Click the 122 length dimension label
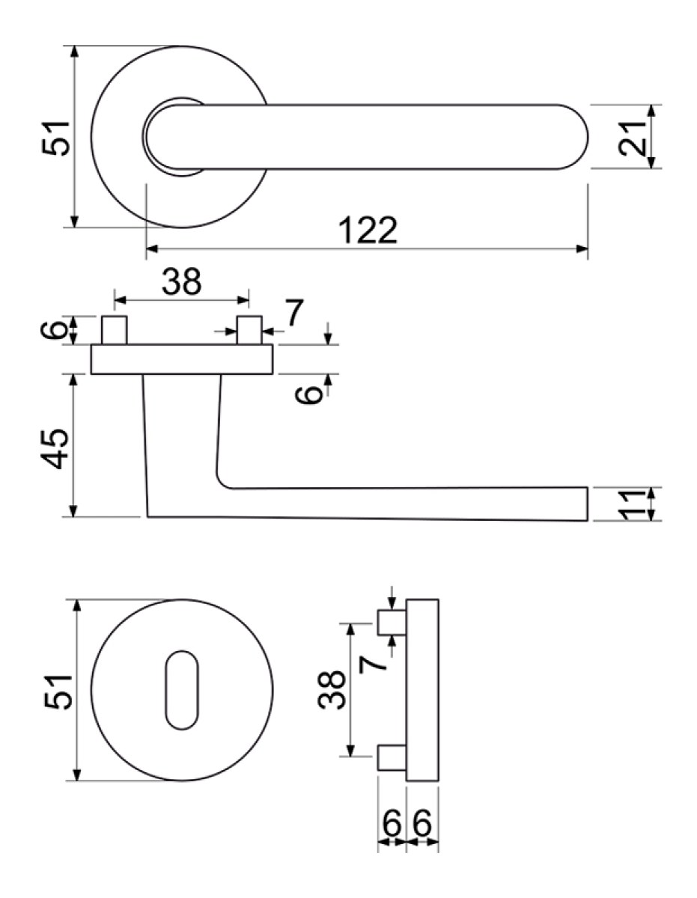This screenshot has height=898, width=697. [x=368, y=230]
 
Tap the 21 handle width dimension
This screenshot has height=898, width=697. [x=632, y=137]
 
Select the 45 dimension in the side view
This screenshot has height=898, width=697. [x=55, y=449]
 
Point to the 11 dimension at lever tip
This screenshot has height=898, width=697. [x=632, y=504]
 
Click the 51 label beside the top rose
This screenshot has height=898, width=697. [x=55, y=138]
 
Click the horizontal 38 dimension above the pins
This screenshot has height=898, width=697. [x=181, y=281]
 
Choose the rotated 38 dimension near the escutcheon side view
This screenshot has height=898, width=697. [x=331, y=690]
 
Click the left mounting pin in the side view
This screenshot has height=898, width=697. [x=114, y=330]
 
